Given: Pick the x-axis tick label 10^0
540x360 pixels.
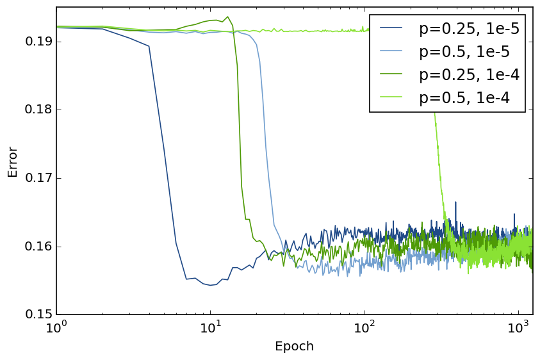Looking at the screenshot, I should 56,328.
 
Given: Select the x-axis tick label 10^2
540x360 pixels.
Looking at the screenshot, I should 364,328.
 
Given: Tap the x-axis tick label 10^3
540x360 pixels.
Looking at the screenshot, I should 518,328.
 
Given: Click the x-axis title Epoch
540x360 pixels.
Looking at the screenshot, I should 294,347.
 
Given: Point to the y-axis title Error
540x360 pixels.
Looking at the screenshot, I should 13,161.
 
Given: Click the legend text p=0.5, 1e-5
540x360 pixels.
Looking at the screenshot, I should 464,51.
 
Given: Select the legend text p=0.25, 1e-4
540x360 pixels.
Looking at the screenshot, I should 469,74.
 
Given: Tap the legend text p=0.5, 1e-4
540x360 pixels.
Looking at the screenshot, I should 464,97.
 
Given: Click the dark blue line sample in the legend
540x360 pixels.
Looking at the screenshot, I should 391,28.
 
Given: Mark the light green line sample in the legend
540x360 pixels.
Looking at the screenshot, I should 391,97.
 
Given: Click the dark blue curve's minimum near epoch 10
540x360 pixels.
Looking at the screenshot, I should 210,285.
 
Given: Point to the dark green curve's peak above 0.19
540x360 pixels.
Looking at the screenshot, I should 227,17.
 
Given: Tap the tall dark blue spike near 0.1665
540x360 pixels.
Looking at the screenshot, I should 455,202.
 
